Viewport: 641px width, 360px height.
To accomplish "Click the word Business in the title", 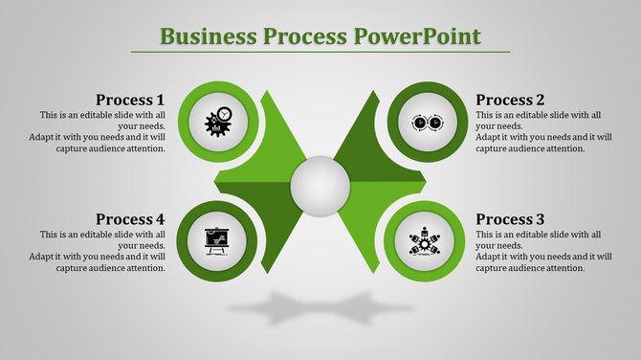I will [202, 37].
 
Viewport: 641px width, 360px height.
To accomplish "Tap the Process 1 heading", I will [130, 100].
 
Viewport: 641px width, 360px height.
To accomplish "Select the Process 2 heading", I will [510, 100].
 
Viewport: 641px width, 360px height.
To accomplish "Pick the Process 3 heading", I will [510, 219].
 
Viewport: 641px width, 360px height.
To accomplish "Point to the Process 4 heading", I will [130, 219].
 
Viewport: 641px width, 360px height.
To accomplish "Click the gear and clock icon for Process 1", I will [219, 121].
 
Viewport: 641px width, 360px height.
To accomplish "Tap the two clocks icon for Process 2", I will [425, 123].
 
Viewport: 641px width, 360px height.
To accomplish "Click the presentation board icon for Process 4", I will [219, 239].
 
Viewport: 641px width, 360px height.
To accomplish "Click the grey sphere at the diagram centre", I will [320, 182].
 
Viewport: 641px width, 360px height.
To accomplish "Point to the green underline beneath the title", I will [320, 52].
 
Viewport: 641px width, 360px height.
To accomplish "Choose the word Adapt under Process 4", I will [42, 257].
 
